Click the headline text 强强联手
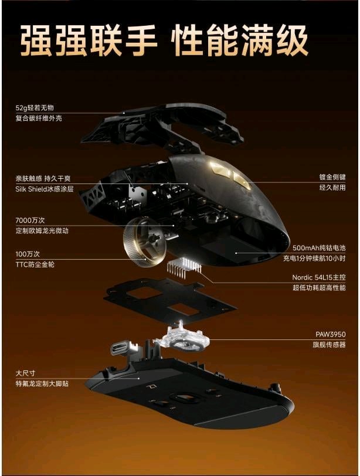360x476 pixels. [89, 41]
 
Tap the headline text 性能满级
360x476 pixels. [239, 41]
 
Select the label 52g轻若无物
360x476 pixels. [35, 108]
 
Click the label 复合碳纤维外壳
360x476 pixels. [39, 118]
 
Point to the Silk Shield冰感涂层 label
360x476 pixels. [45, 189]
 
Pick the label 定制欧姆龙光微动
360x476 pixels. [42, 230]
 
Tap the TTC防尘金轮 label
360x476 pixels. [35, 264]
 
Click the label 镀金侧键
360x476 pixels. [332, 177]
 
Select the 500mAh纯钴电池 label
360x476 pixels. [319, 248]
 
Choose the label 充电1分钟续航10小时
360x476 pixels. [314, 259]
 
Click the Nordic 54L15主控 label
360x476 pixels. [319, 277]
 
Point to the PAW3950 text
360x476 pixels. [331, 335]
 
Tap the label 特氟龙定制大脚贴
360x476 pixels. [42, 383]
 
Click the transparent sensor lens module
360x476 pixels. [182, 338]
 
